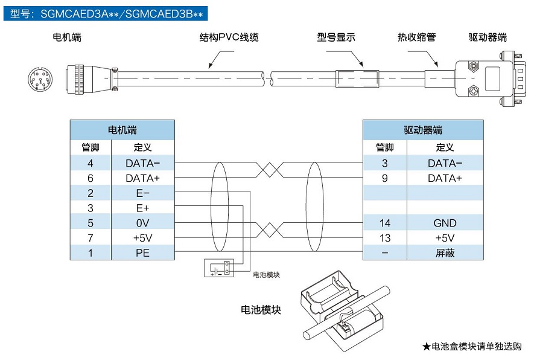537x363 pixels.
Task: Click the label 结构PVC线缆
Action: click(x=229, y=37)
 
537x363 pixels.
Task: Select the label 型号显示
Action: click(x=336, y=37)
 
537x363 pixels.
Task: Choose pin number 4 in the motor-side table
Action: click(x=91, y=163)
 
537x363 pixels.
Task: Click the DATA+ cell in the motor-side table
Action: click(x=142, y=178)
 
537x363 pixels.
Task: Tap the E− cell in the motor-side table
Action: click(x=142, y=193)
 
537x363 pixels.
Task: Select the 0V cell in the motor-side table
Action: click(x=142, y=223)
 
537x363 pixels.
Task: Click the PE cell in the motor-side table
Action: click(x=142, y=253)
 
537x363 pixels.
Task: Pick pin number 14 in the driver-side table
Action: click(x=384, y=223)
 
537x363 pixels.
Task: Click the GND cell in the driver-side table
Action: click(x=445, y=223)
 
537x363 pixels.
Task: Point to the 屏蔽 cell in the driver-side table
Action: click(x=445, y=253)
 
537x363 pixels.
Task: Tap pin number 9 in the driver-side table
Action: click(x=384, y=178)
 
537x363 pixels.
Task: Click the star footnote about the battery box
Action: click(x=471, y=347)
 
